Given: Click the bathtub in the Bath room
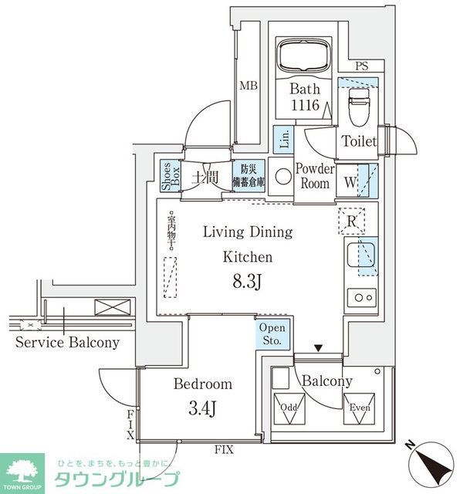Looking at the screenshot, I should point(304,56).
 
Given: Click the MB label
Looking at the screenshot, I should point(248,86).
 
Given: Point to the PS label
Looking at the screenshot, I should point(361,68).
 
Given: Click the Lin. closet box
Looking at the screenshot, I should point(284,139).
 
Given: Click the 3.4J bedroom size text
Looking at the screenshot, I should point(203,407).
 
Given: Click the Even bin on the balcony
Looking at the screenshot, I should point(360,413).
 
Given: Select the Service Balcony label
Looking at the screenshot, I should point(67,343).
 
